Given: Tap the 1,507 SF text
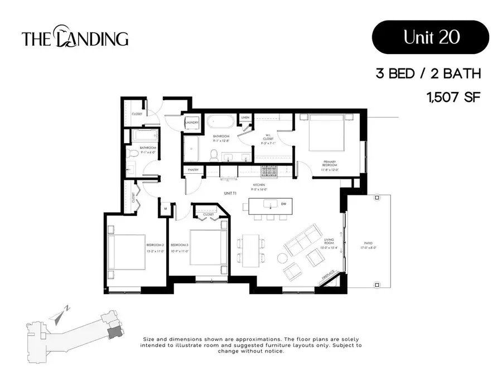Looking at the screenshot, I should tap(452, 97).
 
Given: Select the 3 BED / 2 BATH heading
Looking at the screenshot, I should tap(428, 74).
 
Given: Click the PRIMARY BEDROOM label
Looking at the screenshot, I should tap(329, 165).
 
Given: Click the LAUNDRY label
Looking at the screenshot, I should tap(192, 123).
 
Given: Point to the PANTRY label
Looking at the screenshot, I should tap(194, 169).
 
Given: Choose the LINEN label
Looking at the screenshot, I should tap(245, 118).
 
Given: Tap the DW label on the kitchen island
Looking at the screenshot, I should tap(284, 204).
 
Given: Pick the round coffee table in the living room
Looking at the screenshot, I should tap(283, 258).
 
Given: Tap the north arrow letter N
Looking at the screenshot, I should tap(66, 308).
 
